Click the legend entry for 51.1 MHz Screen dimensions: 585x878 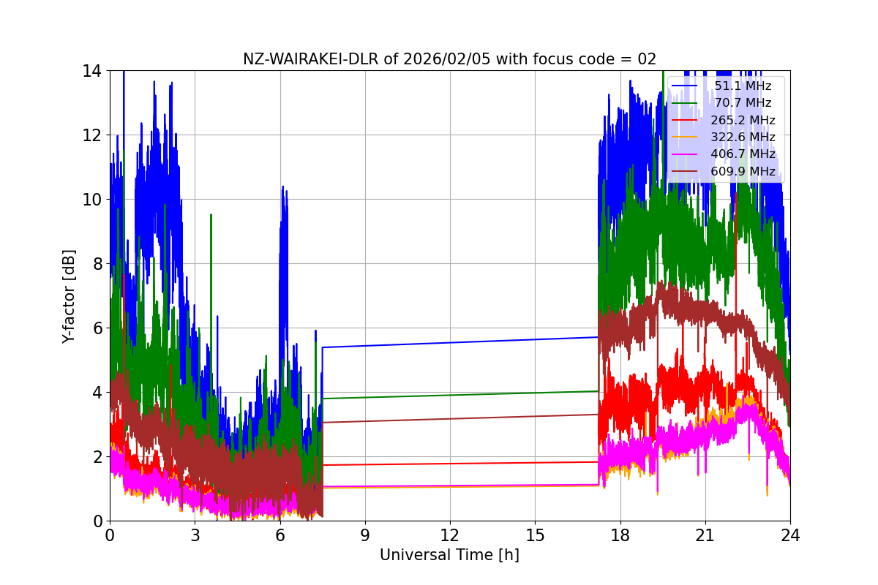coord(743,86)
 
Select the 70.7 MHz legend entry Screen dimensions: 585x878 coord(743,103)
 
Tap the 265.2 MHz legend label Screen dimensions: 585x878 coord(743,120)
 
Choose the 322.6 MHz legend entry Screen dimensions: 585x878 coord(743,137)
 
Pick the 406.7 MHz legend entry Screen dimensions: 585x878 coord(743,154)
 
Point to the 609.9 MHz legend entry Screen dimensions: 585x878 coord(743,171)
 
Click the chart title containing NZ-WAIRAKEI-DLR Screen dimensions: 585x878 coord(449,59)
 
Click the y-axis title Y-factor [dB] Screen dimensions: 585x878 coord(69,295)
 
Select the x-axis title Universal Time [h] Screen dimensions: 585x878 coord(449,555)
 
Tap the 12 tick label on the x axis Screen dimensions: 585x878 coord(450,535)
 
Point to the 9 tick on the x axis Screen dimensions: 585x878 coord(364,535)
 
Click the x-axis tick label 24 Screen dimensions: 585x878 coord(790,535)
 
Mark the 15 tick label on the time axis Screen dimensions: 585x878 coord(535,535)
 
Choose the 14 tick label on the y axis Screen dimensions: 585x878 coord(93,71)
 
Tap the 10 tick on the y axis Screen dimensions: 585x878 coord(93,200)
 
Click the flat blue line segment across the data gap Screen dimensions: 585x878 coord(461,342)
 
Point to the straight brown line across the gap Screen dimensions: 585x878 coord(461,418)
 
